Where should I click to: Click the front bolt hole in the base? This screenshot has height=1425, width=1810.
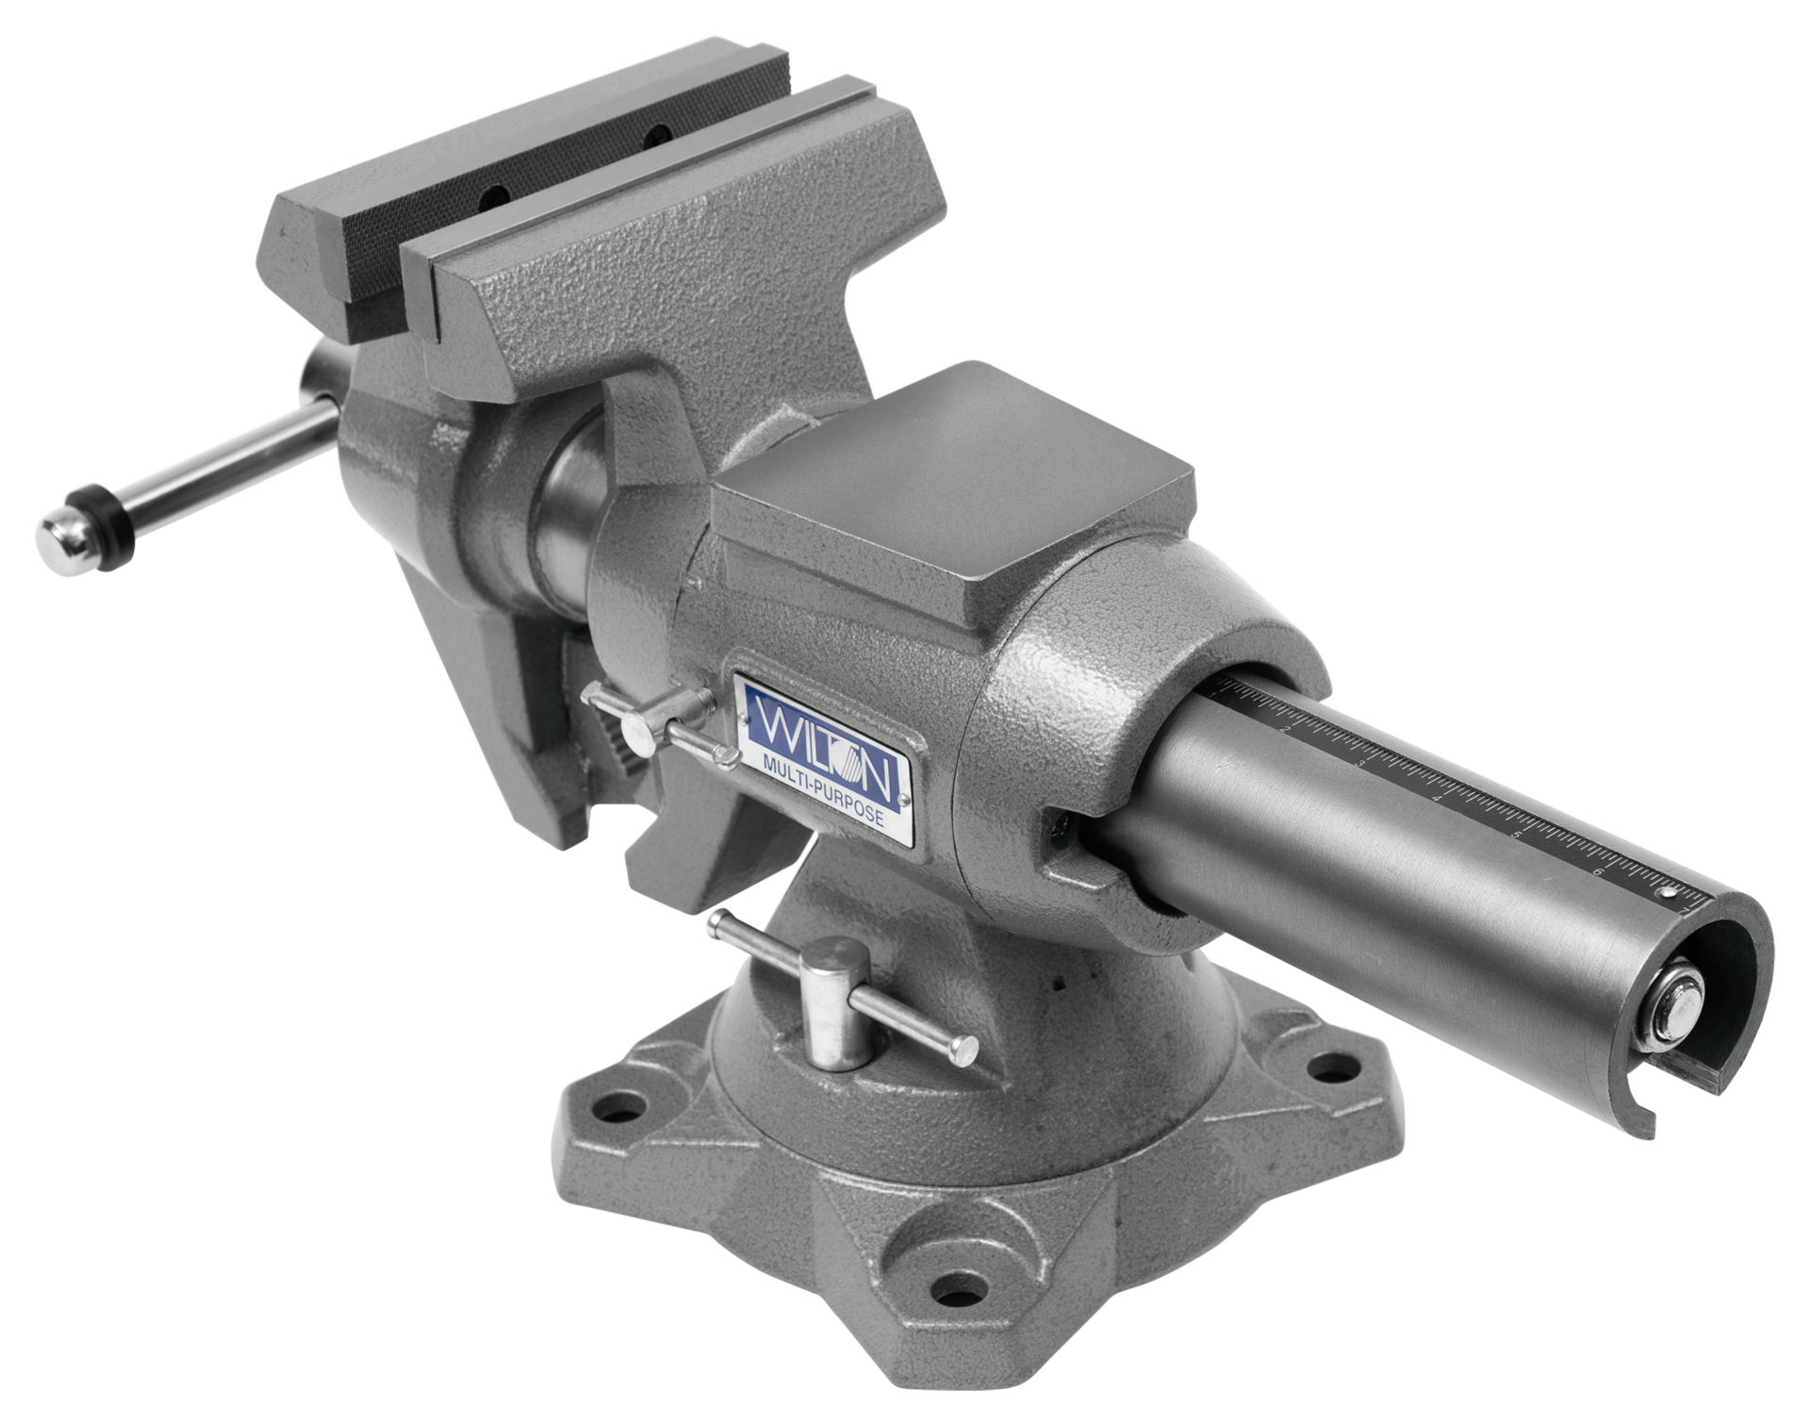click(x=959, y=1284)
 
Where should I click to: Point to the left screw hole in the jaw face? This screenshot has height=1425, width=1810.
click(x=494, y=200)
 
